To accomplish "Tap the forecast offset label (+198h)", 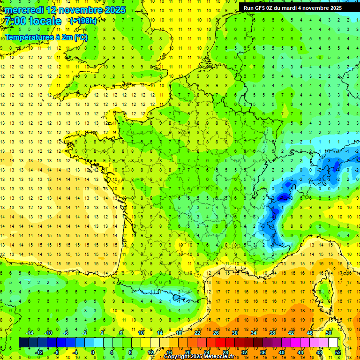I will coord(83,21).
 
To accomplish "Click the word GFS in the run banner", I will coord(260,8).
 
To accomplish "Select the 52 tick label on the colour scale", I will coord(338,352).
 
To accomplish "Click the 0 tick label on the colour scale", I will coord(93,352).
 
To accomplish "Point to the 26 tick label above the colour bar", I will coord(216,333).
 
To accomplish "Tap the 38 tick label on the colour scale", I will coord(272,333).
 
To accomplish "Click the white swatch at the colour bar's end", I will coord(333,342).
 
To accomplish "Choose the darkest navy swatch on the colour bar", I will coord(23,342).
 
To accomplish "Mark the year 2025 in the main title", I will coord(115,10).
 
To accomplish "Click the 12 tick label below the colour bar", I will coord(150,352).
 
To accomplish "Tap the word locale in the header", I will coord(45,21).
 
